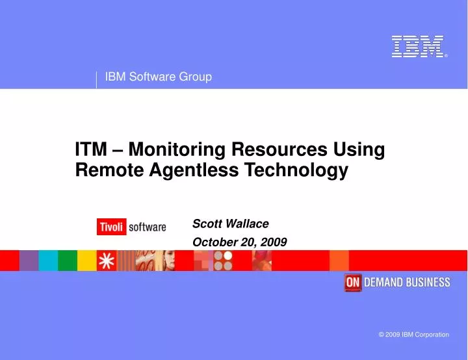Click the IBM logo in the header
418,47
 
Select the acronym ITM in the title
91,149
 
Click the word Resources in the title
280,149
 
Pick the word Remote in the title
105,171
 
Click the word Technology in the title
292,171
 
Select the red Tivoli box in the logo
111,227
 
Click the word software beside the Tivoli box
147,227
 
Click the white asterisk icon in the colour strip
107,261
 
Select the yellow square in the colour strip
86,261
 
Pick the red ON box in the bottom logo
353,282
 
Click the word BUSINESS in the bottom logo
426,282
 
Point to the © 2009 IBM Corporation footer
413,335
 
